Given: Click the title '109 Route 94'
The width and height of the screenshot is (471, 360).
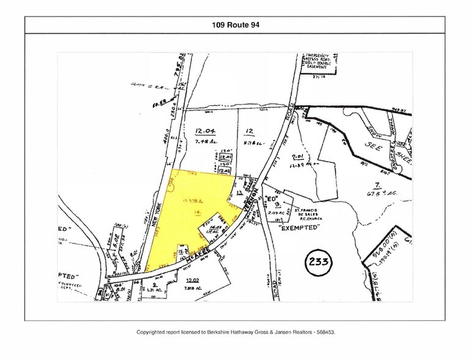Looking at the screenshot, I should (235, 25).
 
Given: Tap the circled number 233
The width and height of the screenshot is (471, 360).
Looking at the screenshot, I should (318, 263).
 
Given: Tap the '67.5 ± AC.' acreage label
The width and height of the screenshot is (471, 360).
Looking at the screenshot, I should (388, 195).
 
